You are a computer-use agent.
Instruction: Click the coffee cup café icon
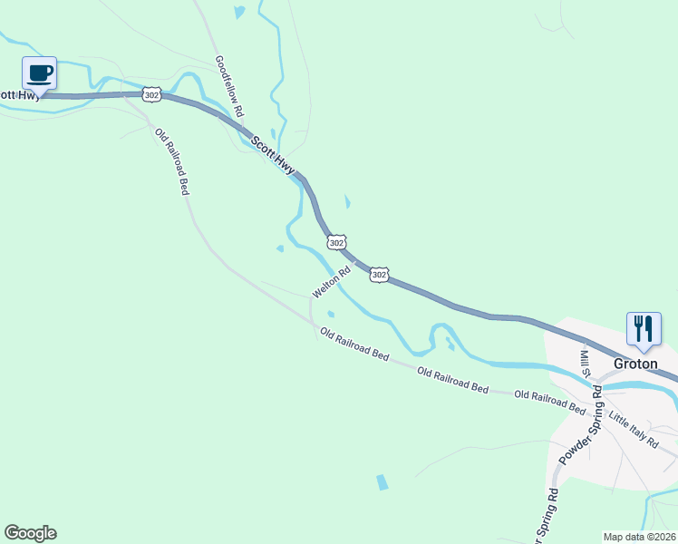(39, 73)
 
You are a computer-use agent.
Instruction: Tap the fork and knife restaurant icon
(644, 328)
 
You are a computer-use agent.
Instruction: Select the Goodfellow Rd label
(229, 87)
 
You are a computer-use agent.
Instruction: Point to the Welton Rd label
(331, 283)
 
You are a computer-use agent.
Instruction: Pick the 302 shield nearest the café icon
(151, 93)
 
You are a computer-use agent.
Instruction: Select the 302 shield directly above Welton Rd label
(336, 242)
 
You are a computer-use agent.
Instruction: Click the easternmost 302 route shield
(380, 274)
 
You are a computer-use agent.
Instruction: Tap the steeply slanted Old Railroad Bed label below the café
(171, 161)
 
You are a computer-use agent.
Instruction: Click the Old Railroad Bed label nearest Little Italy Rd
(550, 401)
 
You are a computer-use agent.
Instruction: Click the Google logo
(30, 533)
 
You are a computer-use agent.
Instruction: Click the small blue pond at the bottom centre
(382, 482)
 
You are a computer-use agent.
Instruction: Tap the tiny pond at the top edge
(238, 13)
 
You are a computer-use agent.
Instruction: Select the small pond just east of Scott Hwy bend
(346, 201)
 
